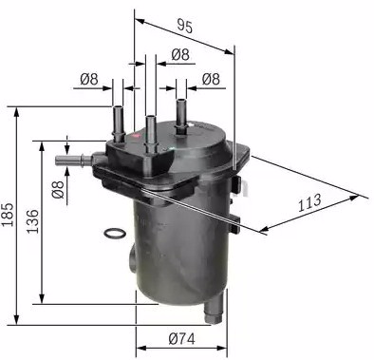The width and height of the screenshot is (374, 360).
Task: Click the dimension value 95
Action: tap(184, 26)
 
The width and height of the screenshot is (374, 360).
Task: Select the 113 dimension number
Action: tap(309, 202)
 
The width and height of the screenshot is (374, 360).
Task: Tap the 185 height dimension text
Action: tap(8, 215)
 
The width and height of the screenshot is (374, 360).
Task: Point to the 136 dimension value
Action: tap(32, 221)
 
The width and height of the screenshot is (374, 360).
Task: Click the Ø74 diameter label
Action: tap(181, 339)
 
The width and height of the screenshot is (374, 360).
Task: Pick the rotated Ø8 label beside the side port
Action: tap(58, 189)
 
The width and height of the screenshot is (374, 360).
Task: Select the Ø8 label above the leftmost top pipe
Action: tap(89, 79)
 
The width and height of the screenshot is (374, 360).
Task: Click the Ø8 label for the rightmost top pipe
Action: tap(211, 79)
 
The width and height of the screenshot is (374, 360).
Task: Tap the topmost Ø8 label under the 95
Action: tap(180, 54)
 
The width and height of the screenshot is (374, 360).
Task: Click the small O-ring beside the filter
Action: tap(115, 234)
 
